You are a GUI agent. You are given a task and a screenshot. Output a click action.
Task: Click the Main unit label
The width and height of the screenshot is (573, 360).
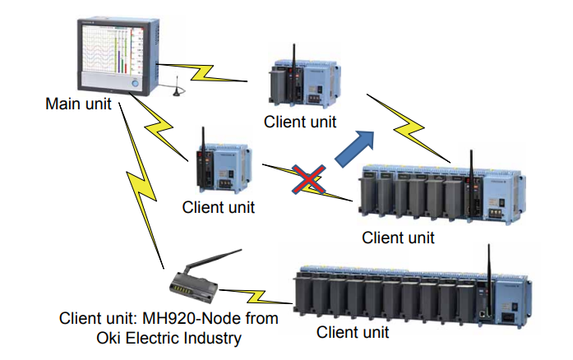click(78, 104)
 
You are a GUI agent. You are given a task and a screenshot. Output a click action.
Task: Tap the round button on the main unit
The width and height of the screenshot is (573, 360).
click(135, 84)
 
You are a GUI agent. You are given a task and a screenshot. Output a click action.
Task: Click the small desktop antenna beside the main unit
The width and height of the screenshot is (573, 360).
click(178, 87)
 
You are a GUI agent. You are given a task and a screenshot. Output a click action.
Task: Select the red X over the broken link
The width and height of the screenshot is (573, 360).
click(309, 178)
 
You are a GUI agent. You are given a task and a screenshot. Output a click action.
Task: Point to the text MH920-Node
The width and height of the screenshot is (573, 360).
click(190, 318)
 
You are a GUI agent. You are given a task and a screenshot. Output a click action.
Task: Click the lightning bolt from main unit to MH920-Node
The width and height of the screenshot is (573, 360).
click(141, 186)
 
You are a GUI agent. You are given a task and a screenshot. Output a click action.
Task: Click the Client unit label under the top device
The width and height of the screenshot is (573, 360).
click(300, 122)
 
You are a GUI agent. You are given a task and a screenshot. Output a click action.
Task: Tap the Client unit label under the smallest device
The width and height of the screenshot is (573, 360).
click(218, 208)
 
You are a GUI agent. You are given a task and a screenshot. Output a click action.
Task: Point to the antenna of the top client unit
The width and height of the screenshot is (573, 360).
click(293, 56)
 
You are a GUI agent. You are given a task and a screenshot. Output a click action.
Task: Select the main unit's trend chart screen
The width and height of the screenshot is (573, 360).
click(112, 49)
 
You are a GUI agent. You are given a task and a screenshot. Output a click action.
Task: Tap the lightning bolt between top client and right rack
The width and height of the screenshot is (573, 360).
click(409, 128)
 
